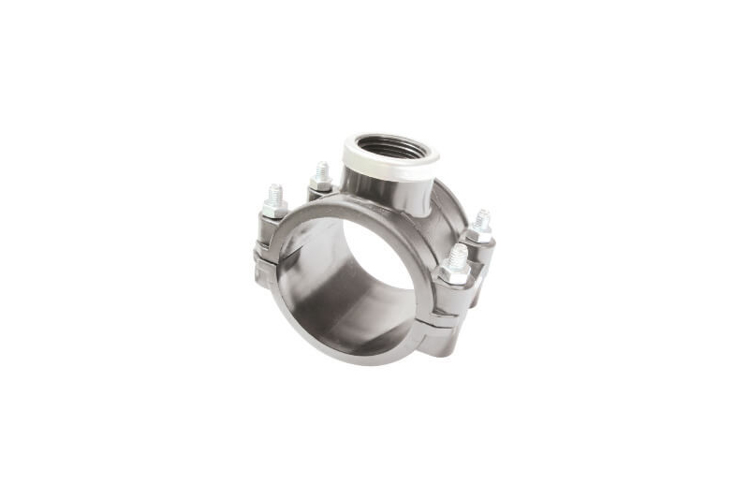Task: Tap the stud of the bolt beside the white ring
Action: pyautogui.click(x=322, y=171)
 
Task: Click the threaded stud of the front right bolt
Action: pyautogui.click(x=457, y=256)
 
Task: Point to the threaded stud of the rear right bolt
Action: pyautogui.click(x=481, y=221)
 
